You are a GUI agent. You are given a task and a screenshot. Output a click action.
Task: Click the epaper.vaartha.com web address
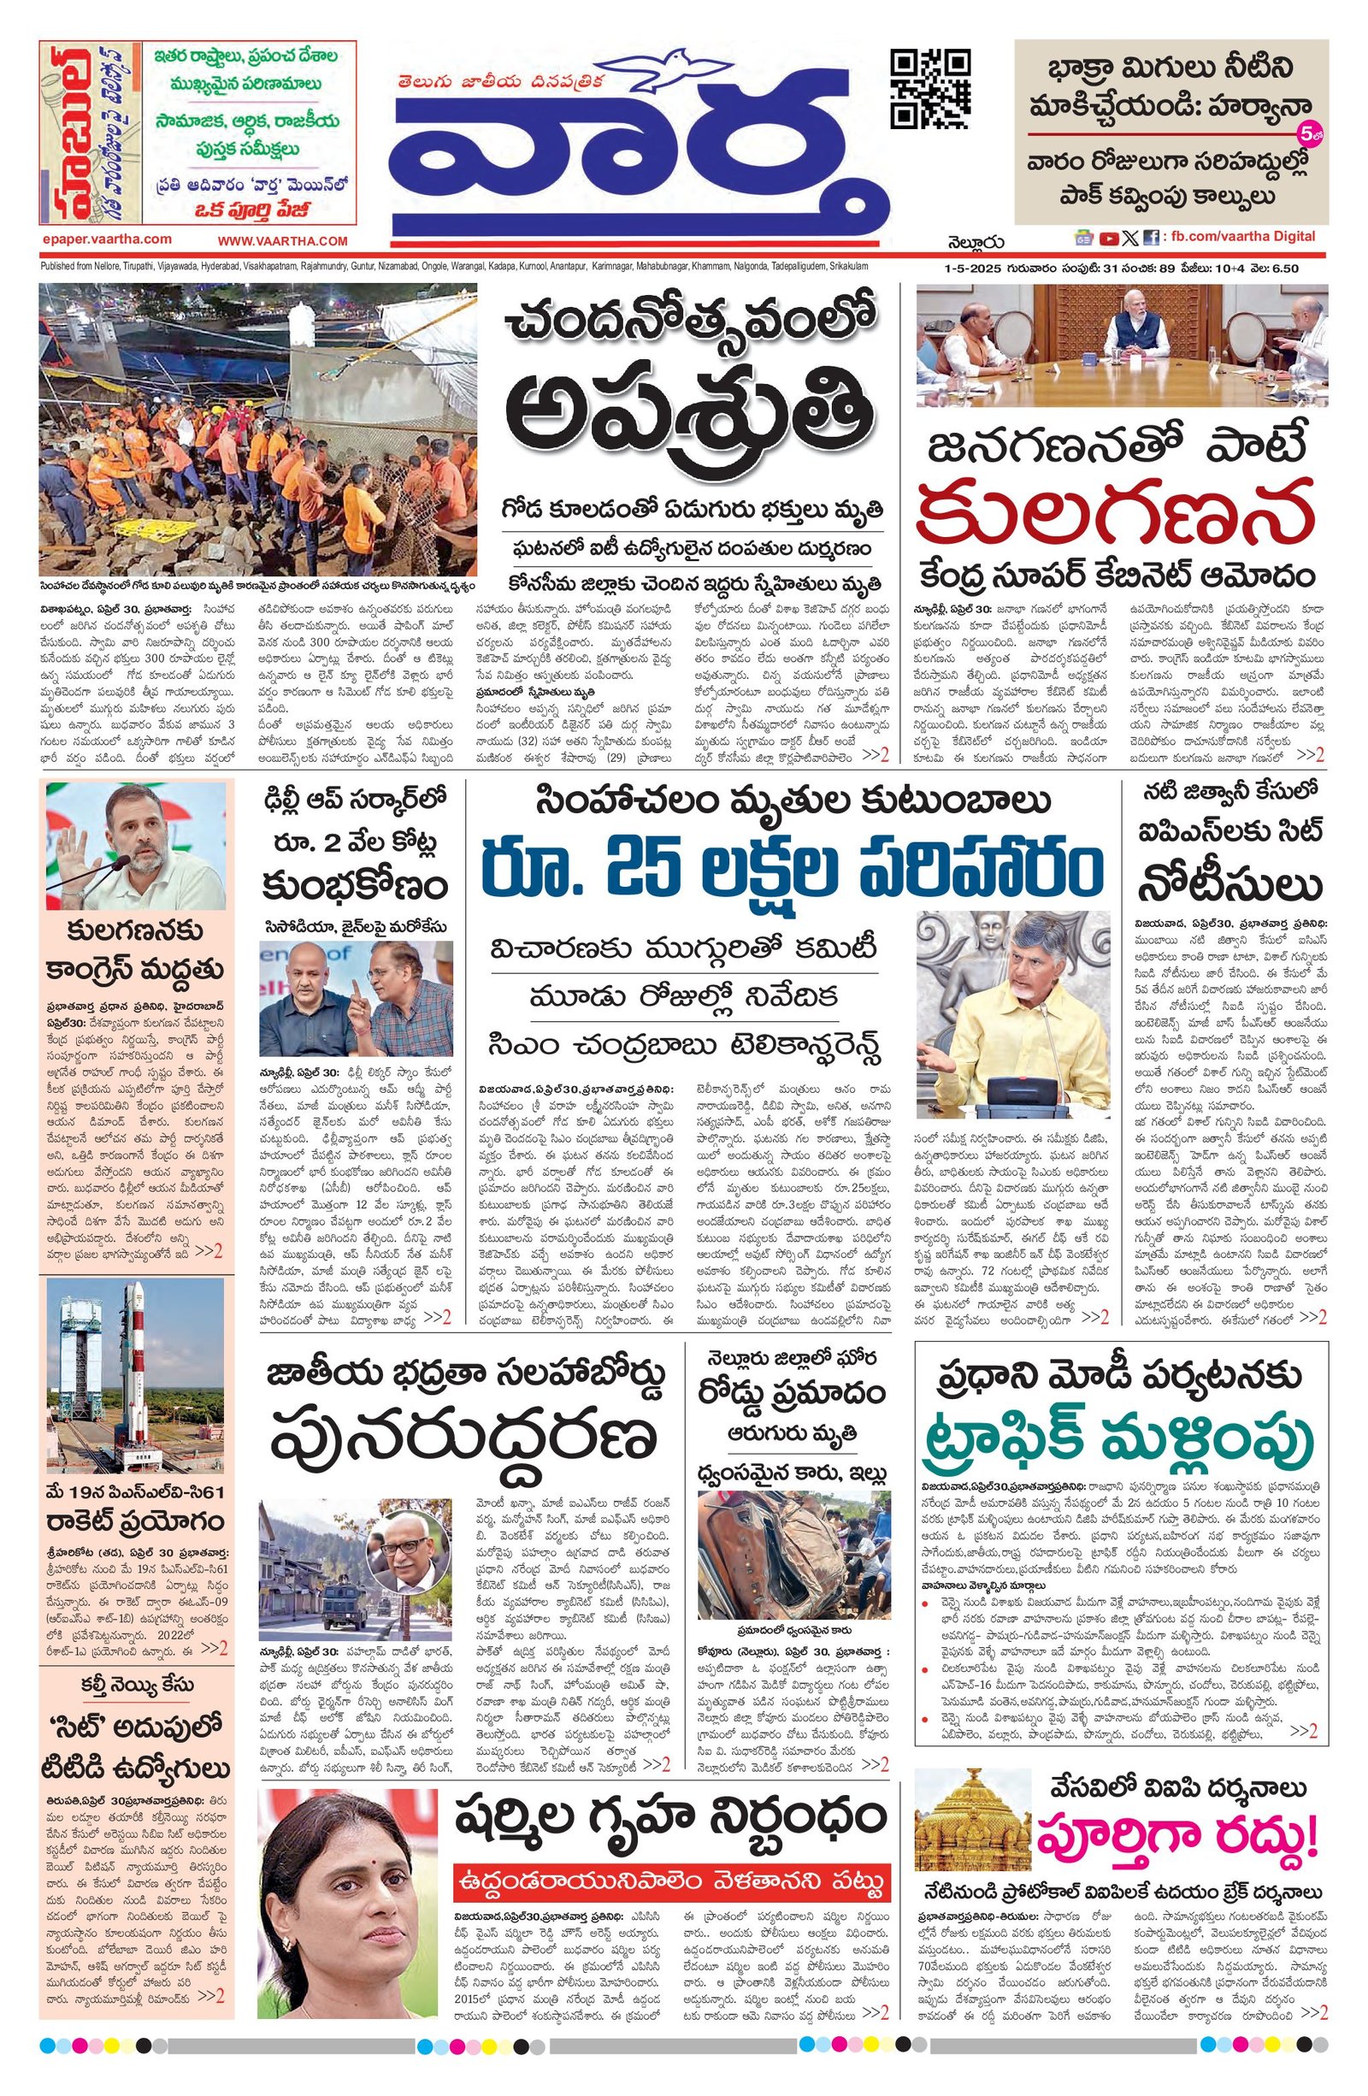tap(106, 239)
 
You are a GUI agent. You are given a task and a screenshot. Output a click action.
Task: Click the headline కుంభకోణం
tap(356, 883)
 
